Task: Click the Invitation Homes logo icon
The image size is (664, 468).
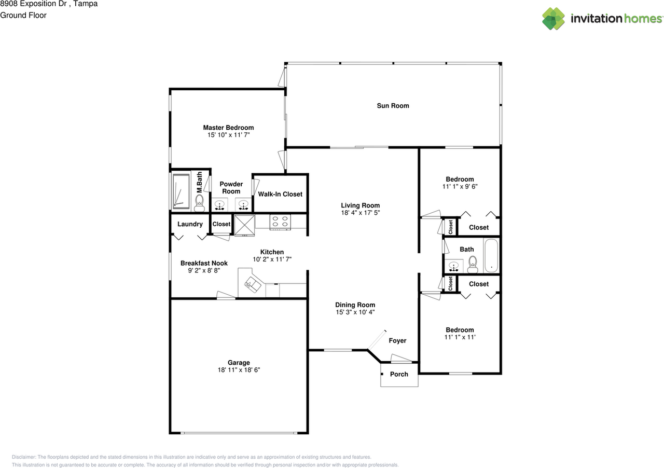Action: pyautogui.click(x=554, y=19)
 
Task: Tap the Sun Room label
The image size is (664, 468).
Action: pyautogui.click(x=393, y=106)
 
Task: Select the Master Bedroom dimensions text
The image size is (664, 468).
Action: pyautogui.click(x=228, y=135)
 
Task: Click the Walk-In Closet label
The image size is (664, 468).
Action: pyautogui.click(x=280, y=194)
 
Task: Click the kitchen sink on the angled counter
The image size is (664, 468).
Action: pyautogui.click(x=254, y=284)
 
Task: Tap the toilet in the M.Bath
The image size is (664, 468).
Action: pyautogui.click(x=199, y=202)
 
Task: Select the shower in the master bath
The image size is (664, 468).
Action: pyautogui.click(x=181, y=191)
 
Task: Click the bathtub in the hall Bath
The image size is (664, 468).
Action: pyautogui.click(x=491, y=255)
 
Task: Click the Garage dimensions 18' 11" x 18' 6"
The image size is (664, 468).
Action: pyautogui.click(x=239, y=370)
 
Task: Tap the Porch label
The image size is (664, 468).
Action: pyautogui.click(x=399, y=374)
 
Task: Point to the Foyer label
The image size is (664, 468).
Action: pyautogui.click(x=397, y=341)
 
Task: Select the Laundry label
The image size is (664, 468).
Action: pyautogui.click(x=190, y=224)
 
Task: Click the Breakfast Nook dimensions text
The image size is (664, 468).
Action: pyautogui.click(x=204, y=270)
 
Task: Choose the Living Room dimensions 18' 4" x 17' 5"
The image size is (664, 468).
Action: pyautogui.click(x=360, y=213)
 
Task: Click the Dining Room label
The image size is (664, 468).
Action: pyautogui.click(x=355, y=305)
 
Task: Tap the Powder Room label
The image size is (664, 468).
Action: pyautogui.click(x=231, y=188)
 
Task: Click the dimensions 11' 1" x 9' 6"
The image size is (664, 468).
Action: pyautogui.click(x=460, y=187)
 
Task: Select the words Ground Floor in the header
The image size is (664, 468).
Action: pyautogui.click(x=23, y=15)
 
